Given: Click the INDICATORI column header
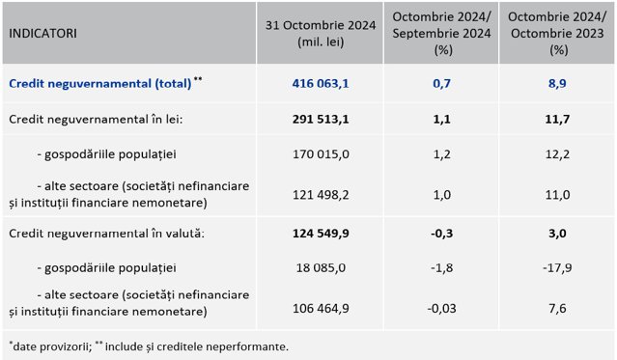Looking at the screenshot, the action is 42,34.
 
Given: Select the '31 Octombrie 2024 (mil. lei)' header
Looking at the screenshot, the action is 321,34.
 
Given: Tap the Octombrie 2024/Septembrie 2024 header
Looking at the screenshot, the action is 441,34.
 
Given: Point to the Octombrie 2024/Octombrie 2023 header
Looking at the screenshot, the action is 557,34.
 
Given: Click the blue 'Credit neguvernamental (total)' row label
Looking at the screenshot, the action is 100,83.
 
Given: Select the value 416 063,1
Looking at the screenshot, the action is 321,83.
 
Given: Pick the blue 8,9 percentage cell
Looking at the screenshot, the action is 557,83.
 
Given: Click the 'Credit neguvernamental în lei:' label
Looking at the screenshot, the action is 96,119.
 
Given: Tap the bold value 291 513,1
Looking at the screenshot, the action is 321,119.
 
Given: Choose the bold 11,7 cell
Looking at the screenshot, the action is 557,119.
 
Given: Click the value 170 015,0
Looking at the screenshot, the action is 321,153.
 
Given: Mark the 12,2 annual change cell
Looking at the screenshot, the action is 557,153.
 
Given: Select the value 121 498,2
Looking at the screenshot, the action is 321,195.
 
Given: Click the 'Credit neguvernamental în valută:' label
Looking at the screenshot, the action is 106,234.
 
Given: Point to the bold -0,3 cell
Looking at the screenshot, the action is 441,234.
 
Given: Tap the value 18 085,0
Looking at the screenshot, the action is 321,268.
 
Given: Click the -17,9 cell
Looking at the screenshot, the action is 557,268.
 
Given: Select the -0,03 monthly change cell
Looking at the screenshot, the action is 441,308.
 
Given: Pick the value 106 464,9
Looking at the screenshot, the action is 321,308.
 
